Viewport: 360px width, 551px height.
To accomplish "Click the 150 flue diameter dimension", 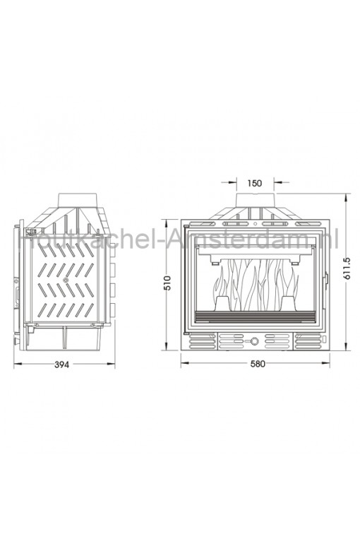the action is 255,183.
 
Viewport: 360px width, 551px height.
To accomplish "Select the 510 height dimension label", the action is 167,283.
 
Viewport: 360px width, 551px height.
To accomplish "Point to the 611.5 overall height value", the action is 347,268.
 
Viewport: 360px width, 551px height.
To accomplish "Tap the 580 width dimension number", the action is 258,364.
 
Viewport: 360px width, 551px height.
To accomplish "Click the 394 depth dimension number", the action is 62,365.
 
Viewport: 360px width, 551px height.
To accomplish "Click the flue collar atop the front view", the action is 255,201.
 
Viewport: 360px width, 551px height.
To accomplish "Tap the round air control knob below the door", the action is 254,341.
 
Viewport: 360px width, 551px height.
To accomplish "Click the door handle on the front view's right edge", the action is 327,280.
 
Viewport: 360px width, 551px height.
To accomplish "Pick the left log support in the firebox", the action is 222,303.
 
